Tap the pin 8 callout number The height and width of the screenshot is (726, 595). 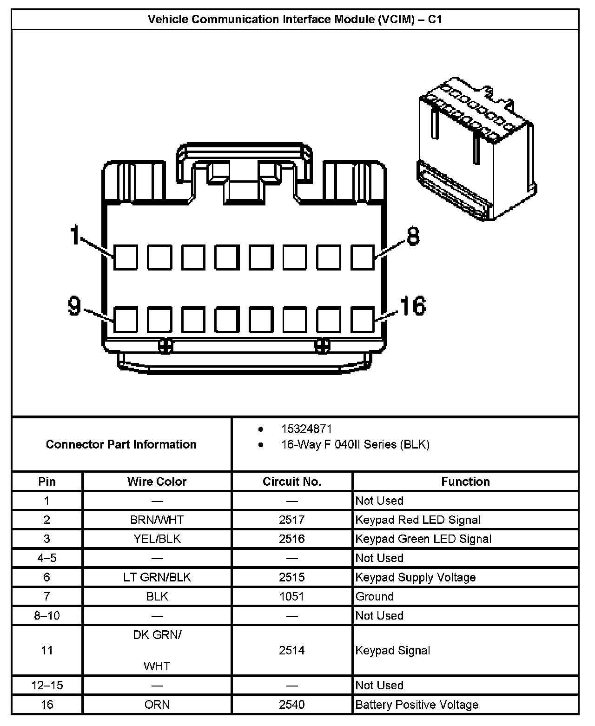413,236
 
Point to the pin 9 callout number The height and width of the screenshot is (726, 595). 74,306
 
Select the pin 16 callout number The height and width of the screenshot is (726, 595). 413,306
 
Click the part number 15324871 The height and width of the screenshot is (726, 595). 306,429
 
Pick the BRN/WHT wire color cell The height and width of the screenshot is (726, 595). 157,520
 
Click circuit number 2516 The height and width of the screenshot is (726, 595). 292,539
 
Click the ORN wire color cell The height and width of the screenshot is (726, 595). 157,705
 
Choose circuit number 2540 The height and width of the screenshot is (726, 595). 292,705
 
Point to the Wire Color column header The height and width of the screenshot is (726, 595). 157,482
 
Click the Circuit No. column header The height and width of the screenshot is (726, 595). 292,482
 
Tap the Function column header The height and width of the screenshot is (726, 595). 465,482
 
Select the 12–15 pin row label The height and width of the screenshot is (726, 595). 47,686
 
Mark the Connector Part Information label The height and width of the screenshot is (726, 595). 121,444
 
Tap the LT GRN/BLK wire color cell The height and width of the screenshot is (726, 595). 157,578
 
